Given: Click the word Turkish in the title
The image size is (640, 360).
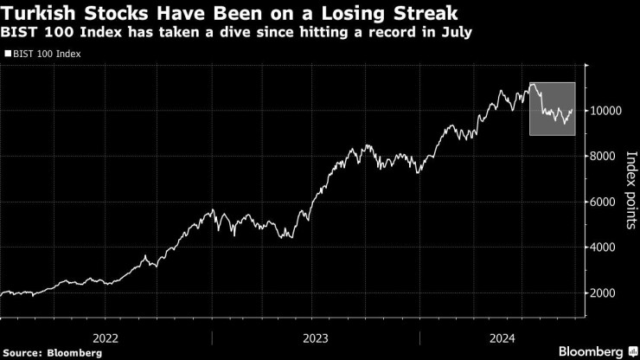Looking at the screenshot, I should (x=43, y=14).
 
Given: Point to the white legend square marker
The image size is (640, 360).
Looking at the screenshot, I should (x=9, y=54).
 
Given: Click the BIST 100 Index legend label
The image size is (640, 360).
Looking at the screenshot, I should (x=43, y=54).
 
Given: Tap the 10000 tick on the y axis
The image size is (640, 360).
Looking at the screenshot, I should (x=609, y=111).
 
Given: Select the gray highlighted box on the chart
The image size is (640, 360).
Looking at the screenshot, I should (x=552, y=108).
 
